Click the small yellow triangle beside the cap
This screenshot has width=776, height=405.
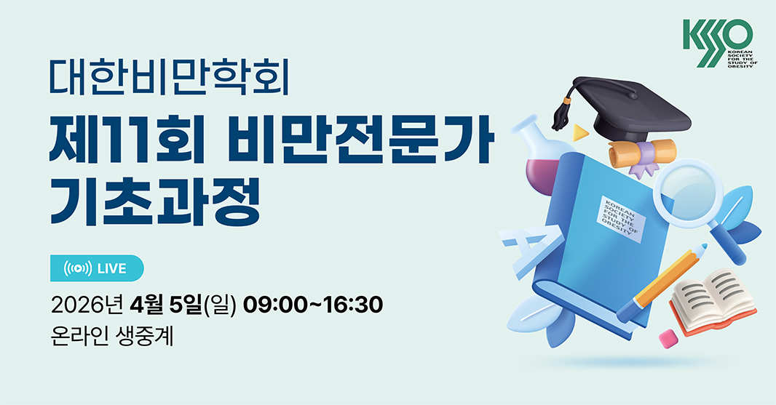tap(580, 132)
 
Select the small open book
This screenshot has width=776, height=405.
tap(713, 300)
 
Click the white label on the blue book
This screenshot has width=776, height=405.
tap(621, 219)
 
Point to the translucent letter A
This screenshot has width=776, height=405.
tap(529, 251)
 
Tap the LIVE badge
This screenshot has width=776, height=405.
tap(97, 268)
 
